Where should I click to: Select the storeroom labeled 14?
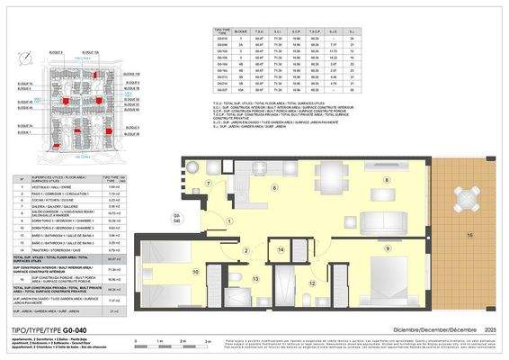[281, 249]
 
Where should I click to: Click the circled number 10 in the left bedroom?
[195, 270]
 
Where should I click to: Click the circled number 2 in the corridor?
[246, 249]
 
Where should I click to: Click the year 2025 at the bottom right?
[489, 330]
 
